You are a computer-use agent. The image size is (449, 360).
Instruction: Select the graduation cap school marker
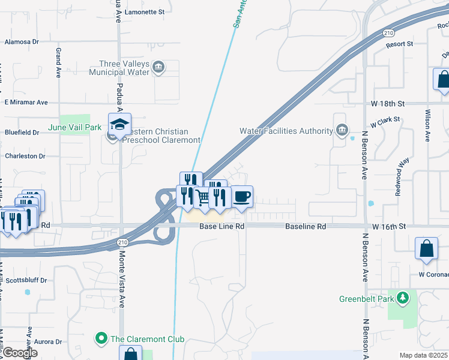119,125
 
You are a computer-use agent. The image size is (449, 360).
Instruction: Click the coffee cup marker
241,197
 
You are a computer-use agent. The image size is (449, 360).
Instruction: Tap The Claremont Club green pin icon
101,339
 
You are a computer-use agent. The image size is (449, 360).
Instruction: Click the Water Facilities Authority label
286,131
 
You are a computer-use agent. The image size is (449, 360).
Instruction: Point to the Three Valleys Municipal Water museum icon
159,66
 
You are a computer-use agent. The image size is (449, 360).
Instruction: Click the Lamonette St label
145,12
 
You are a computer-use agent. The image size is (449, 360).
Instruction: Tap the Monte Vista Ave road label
121,286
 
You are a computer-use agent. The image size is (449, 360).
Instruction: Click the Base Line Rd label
222,227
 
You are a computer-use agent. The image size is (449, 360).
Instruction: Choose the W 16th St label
389,227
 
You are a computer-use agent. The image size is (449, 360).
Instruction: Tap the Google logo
20,353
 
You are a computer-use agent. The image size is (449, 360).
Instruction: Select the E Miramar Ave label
26,103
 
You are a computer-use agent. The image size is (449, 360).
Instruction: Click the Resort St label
400,44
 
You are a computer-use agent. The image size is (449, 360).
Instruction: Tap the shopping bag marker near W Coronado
426,248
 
